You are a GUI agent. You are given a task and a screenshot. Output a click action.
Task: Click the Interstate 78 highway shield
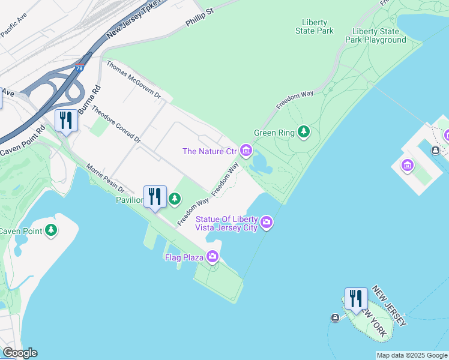[x=79, y=68]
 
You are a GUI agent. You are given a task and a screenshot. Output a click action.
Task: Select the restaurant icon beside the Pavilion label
[x=154, y=197]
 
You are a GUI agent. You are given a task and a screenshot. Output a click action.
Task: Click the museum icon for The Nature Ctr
[x=246, y=150]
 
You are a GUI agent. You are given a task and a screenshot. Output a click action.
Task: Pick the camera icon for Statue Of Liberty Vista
[x=267, y=223]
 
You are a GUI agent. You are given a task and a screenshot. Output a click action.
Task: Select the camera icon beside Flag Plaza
[x=212, y=257]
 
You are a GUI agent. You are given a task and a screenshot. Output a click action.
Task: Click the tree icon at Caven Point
[x=52, y=230]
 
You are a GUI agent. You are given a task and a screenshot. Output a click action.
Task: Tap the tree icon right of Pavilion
[x=175, y=199]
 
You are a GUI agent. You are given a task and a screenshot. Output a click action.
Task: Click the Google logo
[x=20, y=353]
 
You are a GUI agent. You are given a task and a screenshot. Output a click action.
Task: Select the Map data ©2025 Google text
[x=412, y=355]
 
